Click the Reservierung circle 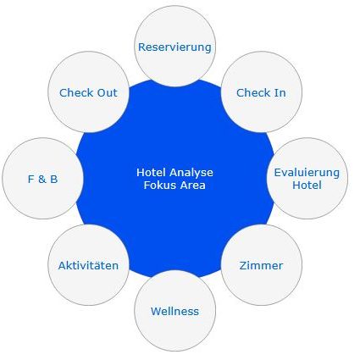(x=175, y=46)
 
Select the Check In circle (x=262, y=91)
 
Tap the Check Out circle (x=89, y=91)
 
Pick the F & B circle (x=43, y=179)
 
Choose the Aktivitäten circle (x=89, y=265)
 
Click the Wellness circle (x=175, y=311)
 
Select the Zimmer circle (x=262, y=265)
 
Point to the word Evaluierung (x=307, y=172)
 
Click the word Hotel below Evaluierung (x=307, y=186)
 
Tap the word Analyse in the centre (x=191, y=173)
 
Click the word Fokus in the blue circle (x=156, y=186)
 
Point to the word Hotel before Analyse (x=152, y=172)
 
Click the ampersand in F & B (x=42, y=179)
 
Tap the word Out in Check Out (x=107, y=92)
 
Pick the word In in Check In (x=280, y=92)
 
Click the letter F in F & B (x=30, y=179)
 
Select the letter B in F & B (x=54, y=179)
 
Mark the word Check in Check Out (x=76, y=92)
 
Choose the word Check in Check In (x=253, y=92)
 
